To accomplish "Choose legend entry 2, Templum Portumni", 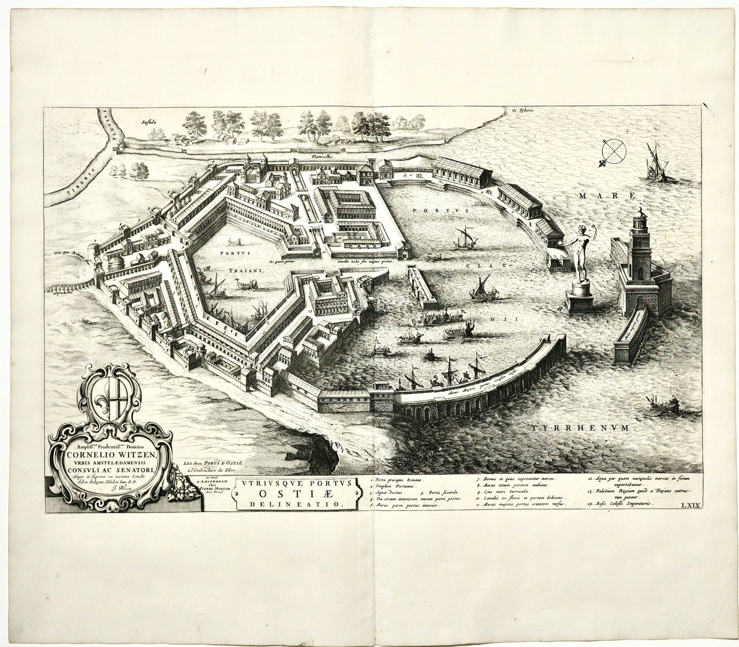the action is (x=398, y=488).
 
